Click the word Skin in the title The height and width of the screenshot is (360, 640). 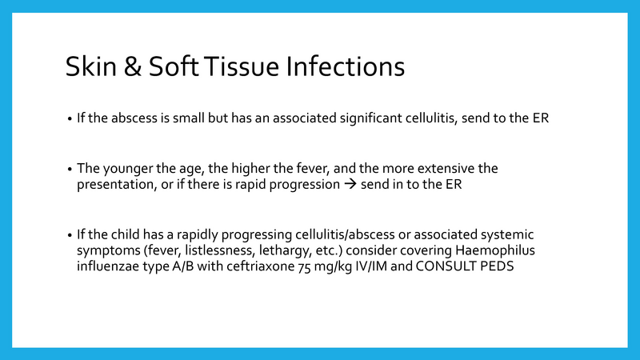tap(90, 66)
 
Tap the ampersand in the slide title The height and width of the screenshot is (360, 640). tap(134, 66)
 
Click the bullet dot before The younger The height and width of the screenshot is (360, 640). tap(70, 170)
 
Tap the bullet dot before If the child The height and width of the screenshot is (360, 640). tap(70, 235)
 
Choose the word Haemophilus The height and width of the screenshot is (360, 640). tap(491, 250)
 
